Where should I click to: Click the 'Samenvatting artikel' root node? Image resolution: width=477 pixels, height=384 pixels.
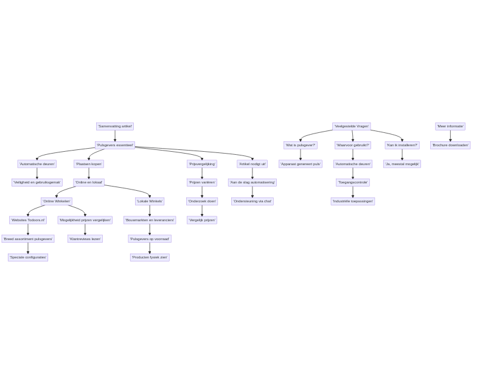[114, 126]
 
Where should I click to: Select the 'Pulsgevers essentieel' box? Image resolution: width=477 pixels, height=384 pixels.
[114, 145]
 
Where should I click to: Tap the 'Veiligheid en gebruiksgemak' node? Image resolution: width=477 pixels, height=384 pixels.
[37, 182]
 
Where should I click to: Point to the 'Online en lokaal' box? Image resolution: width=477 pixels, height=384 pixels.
[89, 182]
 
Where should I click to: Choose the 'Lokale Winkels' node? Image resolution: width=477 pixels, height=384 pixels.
[150, 201]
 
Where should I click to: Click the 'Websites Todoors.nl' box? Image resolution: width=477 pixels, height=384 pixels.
[28, 220]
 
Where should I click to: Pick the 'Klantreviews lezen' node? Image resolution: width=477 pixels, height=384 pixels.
[85, 239]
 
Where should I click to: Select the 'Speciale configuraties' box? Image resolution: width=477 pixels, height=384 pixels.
[28, 257]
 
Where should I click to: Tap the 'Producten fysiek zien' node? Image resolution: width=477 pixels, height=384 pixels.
[150, 257]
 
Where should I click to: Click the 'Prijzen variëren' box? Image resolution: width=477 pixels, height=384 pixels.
[202, 182]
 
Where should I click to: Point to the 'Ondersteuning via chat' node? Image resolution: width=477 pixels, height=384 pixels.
[252, 201]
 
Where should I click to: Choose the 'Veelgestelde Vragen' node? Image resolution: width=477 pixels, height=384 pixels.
[352, 126]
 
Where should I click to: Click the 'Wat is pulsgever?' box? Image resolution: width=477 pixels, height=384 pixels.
[300, 145]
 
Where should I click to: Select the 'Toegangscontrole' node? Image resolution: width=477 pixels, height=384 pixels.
[353, 182]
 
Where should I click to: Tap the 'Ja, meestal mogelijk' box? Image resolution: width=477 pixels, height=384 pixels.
[402, 164]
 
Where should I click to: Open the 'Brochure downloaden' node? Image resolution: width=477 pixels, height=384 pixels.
[450, 145]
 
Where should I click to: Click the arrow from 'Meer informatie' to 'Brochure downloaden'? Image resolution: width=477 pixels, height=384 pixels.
[450, 135]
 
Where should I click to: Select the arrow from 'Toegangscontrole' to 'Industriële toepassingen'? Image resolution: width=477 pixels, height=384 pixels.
[353, 191]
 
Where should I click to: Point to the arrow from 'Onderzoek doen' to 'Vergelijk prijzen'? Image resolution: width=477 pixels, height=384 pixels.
[202, 210]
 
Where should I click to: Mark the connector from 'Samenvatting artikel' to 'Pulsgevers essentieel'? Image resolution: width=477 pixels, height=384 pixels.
[114, 135]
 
